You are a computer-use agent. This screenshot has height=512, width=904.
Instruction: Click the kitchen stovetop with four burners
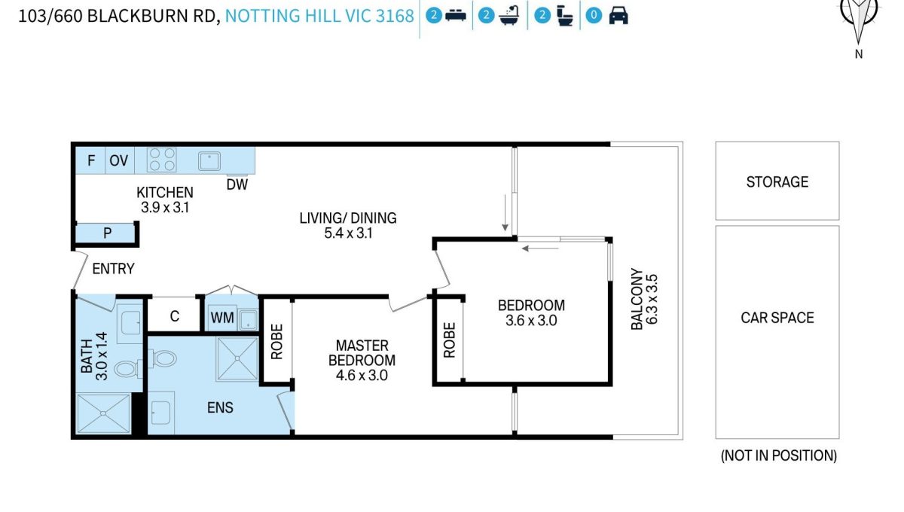point(161,160)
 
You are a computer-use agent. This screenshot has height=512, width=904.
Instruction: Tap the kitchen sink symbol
point(209,161)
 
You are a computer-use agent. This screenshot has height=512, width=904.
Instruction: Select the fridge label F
point(91,160)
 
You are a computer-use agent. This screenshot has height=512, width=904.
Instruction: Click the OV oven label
point(119,160)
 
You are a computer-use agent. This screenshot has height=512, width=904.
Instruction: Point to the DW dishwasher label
point(237,184)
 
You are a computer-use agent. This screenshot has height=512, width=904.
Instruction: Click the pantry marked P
point(107,233)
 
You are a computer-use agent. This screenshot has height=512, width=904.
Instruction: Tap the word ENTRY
point(113,269)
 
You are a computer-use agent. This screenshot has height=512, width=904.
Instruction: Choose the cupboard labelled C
point(174,316)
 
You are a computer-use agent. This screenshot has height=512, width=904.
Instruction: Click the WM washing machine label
point(222,318)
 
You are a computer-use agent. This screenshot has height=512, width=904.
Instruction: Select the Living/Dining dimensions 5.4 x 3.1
point(348,233)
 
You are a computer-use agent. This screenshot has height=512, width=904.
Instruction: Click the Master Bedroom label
point(362,352)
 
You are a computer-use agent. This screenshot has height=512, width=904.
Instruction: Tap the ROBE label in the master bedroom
point(277,341)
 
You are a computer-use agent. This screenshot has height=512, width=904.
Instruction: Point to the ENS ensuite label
point(220,407)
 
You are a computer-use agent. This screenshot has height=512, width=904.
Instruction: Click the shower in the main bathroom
point(103,413)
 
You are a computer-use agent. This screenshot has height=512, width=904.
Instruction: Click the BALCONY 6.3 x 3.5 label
point(644,299)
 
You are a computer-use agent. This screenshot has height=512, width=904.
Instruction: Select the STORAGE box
point(777,181)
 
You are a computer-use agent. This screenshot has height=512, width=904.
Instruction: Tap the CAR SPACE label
point(777,318)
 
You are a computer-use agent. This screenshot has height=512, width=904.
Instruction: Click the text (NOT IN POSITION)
point(779,456)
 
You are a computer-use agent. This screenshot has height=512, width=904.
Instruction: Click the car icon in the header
point(618,15)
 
